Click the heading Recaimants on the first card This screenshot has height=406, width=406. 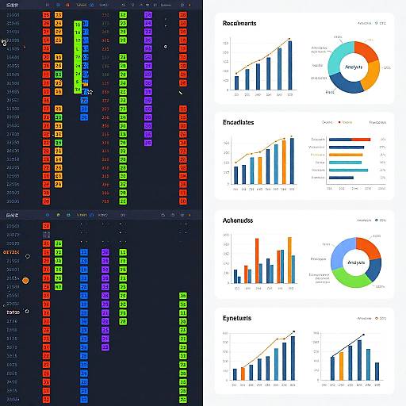239,24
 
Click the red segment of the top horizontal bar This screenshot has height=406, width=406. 366,139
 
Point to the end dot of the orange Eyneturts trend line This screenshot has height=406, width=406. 293,332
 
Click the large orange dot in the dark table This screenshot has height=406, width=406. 25,281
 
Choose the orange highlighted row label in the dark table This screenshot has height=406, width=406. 13,251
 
